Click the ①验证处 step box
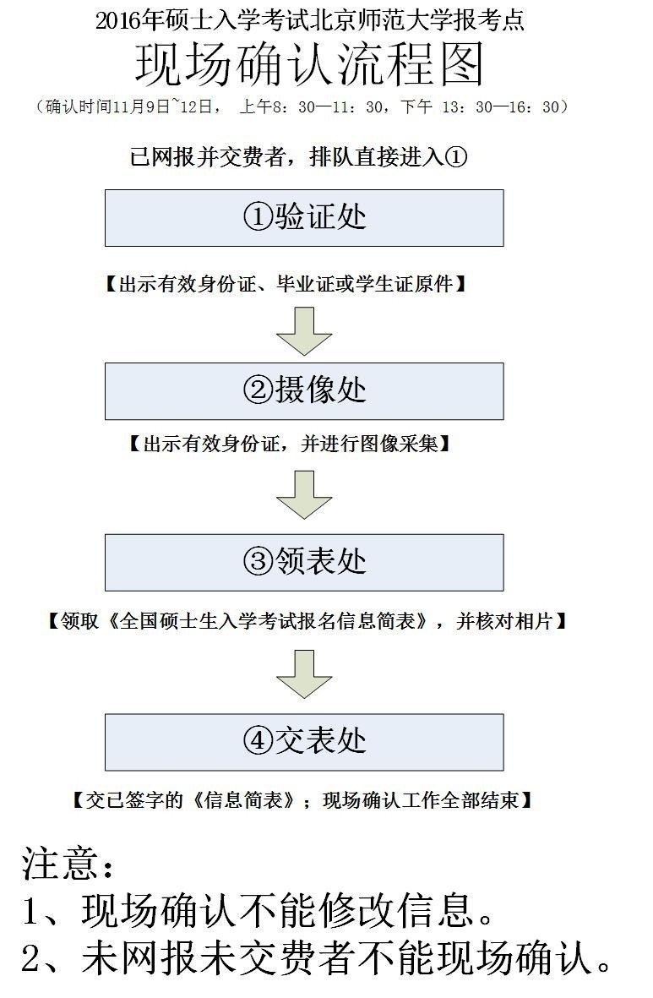pyautogui.click(x=304, y=218)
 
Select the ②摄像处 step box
pyautogui.click(x=304, y=390)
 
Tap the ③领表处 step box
pyautogui.click(x=304, y=563)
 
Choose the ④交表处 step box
pyautogui.click(x=304, y=742)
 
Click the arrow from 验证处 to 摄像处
pyautogui.click(x=304, y=331)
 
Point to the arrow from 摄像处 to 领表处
pyautogui.click(x=304, y=494)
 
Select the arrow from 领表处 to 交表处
pyautogui.click(x=304, y=674)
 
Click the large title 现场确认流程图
pyautogui.click(x=310, y=64)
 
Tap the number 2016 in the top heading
pyautogui.click(x=118, y=21)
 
